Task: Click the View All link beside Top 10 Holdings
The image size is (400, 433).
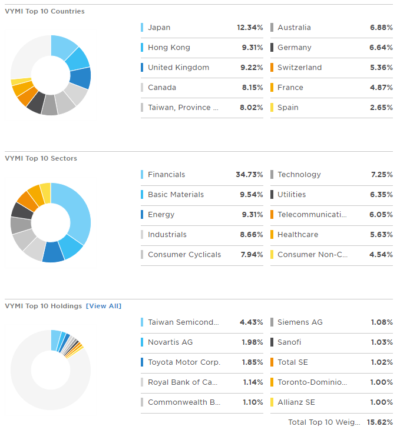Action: pyautogui.click(x=104, y=306)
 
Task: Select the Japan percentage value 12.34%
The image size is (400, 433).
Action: pyautogui.click(x=250, y=28)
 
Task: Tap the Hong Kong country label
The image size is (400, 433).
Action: pyautogui.click(x=168, y=48)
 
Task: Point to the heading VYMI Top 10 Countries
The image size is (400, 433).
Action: pyautogui.click(x=45, y=11)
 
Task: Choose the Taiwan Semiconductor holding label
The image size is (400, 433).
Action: pyautogui.click(x=183, y=322)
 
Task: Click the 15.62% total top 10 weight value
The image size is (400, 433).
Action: pyautogui.click(x=380, y=422)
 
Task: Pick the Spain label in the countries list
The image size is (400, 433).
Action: pyautogui.click(x=287, y=108)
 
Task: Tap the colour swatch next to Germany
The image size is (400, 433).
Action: pyautogui.click(x=272, y=48)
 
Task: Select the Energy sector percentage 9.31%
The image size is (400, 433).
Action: pyautogui.click(x=252, y=215)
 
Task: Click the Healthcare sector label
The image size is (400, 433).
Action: pyautogui.click(x=297, y=235)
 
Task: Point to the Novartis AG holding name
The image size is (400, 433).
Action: pyautogui.click(x=170, y=342)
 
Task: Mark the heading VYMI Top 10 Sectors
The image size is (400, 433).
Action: pyautogui.click(x=41, y=158)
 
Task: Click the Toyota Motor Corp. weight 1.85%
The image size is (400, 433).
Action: pyautogui.click(x=252, y=362)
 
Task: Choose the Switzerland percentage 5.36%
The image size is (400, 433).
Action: pyautogui.click(x=381, y=68)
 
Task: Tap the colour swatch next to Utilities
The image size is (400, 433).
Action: pyautogui.click(x=272, y=195)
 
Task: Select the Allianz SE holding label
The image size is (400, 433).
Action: pyautogui.click(x=296, y=402)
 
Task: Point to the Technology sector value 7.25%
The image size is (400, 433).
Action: pyautogui.click(x=381, y=175)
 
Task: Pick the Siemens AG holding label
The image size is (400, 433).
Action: pyautogui.click(x=300, y=322)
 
